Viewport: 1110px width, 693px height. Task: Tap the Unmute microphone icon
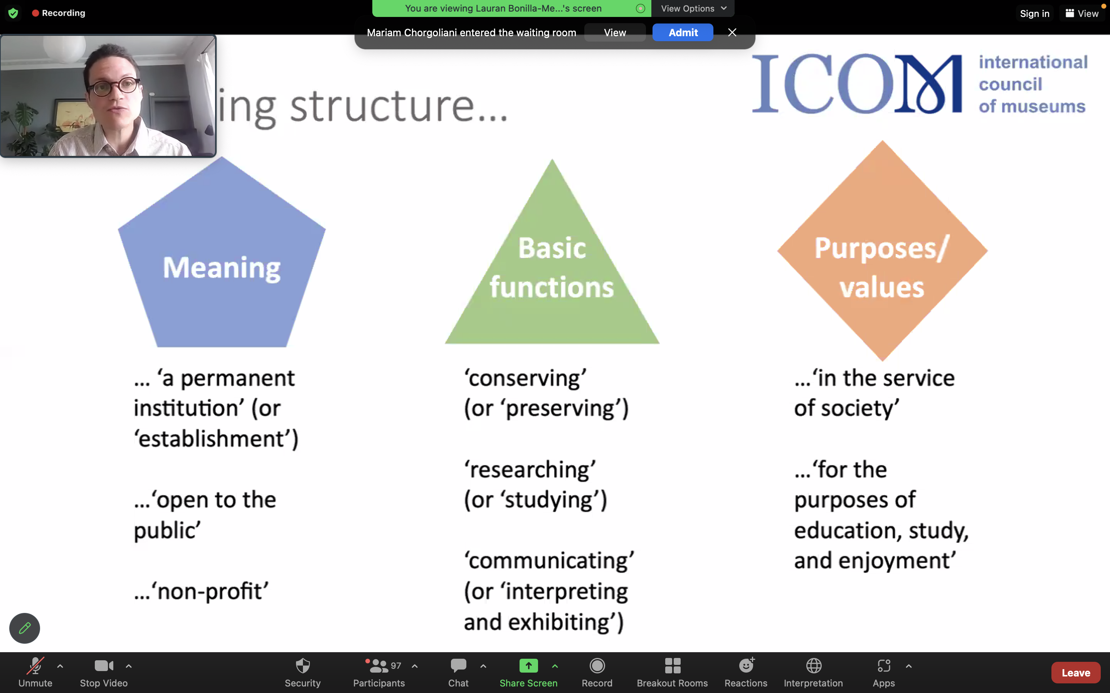(35, 666)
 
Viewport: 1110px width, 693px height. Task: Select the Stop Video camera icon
(104, 666)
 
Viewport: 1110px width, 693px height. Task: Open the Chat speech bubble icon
(458, 666)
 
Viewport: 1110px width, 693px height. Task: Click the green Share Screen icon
(528, 666)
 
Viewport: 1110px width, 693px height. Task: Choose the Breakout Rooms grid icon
(673, 666)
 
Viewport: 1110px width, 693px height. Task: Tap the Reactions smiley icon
(746, 665)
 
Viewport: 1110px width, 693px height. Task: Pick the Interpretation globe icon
(814, 666)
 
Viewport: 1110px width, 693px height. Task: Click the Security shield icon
(303, 666)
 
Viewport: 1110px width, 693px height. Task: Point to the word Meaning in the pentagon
(222, 268)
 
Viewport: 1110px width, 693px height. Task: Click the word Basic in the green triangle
(552, 248)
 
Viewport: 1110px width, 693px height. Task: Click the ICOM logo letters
(857, 84)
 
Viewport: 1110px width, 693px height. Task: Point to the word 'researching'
(530, 470)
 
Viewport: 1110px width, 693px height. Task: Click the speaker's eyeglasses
(115, 86)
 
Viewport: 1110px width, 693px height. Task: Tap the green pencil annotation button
(25, 628)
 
